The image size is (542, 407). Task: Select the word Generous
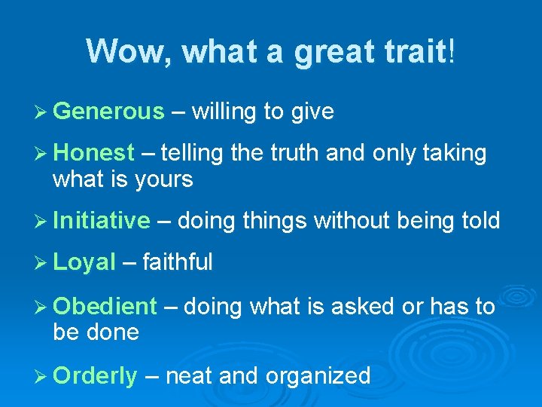108,112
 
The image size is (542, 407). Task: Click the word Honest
94,153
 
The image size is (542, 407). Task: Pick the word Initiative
102,221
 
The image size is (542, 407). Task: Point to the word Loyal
84,262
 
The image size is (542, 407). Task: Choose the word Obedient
105,307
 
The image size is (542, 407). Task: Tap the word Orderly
96,375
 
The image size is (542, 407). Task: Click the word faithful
177,262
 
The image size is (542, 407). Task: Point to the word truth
293,153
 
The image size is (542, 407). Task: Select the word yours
164,180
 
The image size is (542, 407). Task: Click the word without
349,221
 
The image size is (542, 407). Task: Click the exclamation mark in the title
451,52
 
